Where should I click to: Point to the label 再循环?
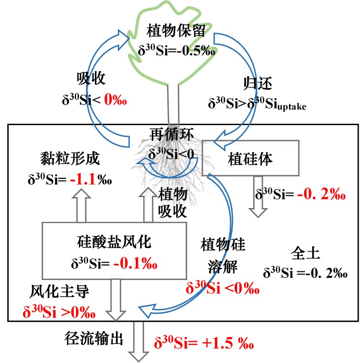click(x=171, y=134)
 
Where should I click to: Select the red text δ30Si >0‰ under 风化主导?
click(x=59, y=313)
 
